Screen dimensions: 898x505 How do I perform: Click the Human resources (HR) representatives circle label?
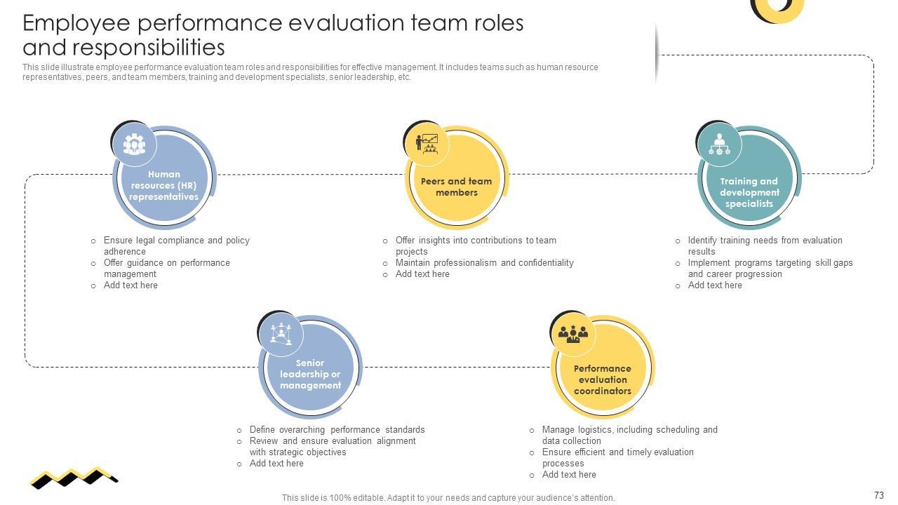click(x=164, y=186)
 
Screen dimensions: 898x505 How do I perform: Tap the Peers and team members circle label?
click(x=456, y=187)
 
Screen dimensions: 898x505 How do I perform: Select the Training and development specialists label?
click(x=749, y=192)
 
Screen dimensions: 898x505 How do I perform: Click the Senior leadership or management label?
click(x=310, y=374)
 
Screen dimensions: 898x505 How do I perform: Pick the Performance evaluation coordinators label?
click(x=602, y=379)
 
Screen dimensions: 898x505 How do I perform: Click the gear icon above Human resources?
click(x=134, y=144)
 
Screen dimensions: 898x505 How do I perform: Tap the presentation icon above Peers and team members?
click(x=427, y=143)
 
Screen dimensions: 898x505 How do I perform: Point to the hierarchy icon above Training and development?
click(x=719, y=144)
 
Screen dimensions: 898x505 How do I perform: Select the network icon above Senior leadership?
click(x=281, y=333)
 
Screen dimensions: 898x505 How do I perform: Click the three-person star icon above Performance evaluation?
click(x=573, y=333)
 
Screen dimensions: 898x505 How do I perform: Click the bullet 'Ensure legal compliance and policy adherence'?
click(x=176, y=245)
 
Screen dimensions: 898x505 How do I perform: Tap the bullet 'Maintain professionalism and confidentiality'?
click(x=484, y=263)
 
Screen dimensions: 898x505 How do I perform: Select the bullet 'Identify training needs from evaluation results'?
click(x=765, y=245)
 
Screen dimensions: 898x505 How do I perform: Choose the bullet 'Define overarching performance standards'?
click(x=337, y=430)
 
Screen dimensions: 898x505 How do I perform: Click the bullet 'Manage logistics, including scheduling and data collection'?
click(x=629, y=435)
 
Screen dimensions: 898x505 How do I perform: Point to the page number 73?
click(x=878, y=495)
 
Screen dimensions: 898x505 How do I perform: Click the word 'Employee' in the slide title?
click(x=76, y=23)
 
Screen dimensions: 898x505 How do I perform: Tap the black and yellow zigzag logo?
click(x=74, y=478)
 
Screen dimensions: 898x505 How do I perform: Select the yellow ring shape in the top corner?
click(x=777, y=8)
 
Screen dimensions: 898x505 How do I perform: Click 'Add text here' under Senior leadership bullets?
click(x=276, y=464)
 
